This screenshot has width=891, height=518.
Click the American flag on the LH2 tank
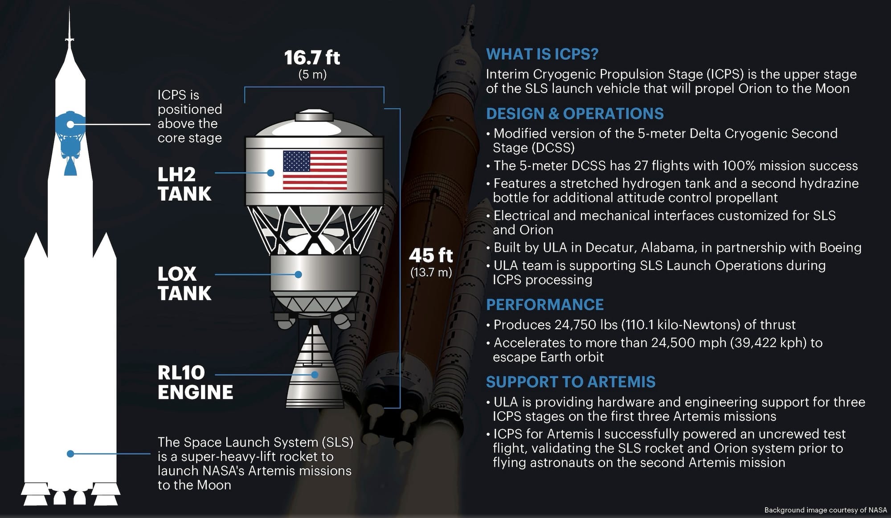point(315,170)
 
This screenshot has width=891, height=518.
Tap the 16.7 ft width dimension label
point(312,57)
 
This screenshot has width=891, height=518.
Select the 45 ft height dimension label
point(431,256)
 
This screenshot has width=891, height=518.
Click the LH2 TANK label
point(184,184)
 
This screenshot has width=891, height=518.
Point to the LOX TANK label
point(184,283)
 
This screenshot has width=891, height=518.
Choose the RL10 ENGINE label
point(195,382)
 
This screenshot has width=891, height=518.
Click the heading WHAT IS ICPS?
point(542,54)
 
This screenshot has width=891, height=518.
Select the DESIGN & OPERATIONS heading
point(575,114)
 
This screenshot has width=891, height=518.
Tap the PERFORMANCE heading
point(545,305)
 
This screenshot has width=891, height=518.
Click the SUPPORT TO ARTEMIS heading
point(571,382)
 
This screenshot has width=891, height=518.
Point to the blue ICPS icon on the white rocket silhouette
point(70,143)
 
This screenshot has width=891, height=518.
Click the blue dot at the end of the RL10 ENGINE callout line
point(315,375)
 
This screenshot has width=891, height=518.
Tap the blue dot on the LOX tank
point(298,274)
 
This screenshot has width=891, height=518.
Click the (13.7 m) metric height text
point(431,272)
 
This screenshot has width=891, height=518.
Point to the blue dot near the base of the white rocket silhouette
point(70,454)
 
